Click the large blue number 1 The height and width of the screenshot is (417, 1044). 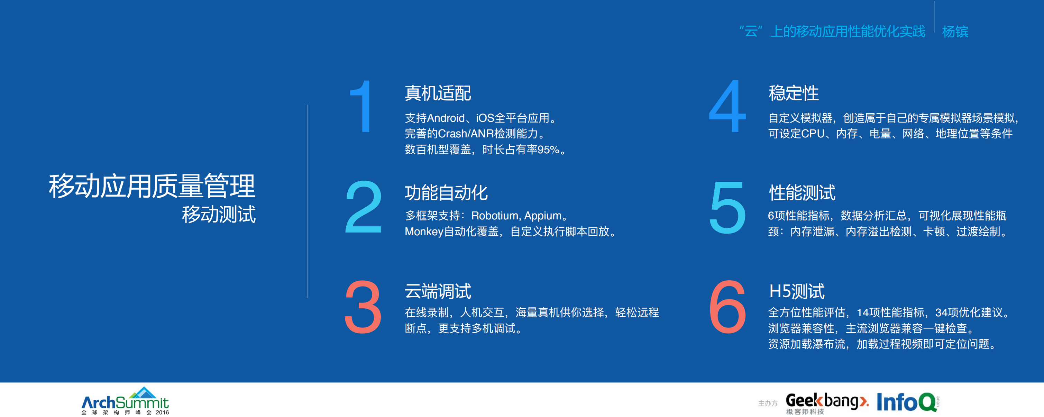coord(362,106)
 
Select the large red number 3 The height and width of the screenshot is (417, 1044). coord(363,307)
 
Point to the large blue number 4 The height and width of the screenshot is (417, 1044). coord(727,106)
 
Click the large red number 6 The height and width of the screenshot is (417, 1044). coord(728,307)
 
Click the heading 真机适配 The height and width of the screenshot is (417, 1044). coord(438,93)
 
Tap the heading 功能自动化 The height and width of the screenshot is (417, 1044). coord(446,192)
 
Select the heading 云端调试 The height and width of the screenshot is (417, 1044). coord(438,291)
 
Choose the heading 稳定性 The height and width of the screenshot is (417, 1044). coord(794,93)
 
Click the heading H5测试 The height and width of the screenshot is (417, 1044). coord(797,291)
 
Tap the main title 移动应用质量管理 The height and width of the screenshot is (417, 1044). coord(152,186)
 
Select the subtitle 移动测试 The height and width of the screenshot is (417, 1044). coord(219,214)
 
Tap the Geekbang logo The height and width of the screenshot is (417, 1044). coord(826,402)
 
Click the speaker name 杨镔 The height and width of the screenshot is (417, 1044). coord(955,31)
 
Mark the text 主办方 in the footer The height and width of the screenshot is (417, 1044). coord(768,403)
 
